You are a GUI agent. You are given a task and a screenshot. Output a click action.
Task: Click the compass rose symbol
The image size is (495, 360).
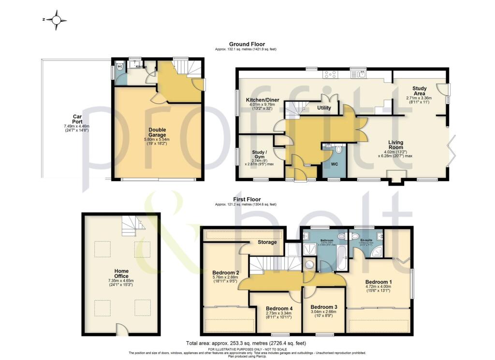click(57, 20)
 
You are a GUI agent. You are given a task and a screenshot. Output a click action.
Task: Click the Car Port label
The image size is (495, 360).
click(76, 116)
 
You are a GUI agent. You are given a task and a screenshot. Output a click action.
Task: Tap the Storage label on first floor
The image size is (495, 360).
click(267, 242)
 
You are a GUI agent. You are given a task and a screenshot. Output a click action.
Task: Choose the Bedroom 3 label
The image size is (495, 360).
click(324, 307)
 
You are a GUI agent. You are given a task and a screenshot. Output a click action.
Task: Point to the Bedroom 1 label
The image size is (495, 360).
click(379, 282)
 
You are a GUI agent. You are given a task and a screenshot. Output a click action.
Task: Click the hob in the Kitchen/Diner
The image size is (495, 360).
click(331, 74)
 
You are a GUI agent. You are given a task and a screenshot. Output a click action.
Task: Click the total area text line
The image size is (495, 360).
click(247, 343)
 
